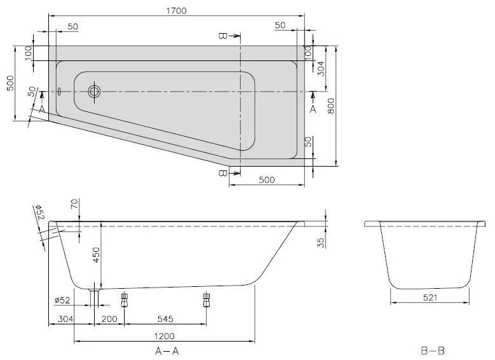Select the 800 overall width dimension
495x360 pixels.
(330, 109)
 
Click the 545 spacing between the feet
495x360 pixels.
(165, 319)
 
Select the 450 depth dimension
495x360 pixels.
(96, 254)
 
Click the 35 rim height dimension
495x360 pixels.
(320, 242)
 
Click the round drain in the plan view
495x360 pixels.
(95, 92)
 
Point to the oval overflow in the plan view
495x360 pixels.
(59, 91)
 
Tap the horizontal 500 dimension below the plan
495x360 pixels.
(266, 180)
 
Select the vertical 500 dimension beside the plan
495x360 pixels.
(9, 83)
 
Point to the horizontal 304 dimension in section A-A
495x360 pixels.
(66, 319)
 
